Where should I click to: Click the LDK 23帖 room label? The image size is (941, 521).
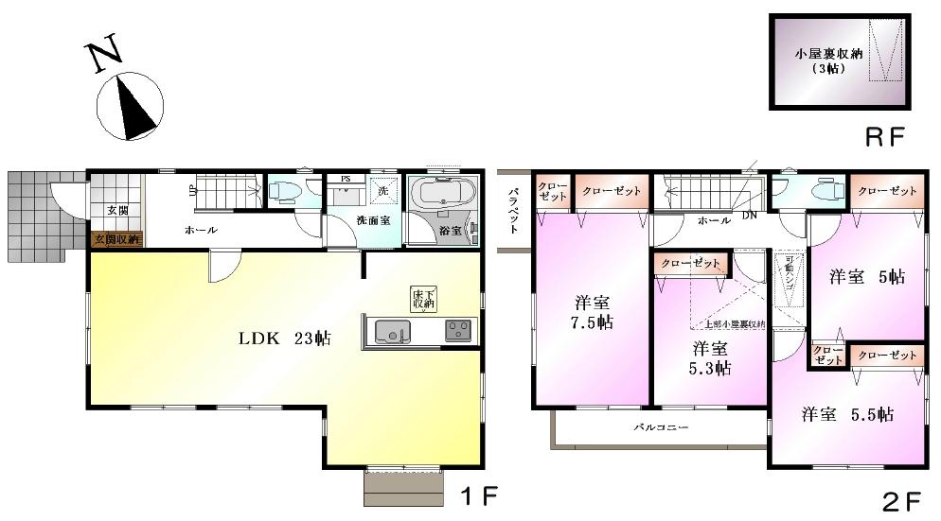pos(283,338)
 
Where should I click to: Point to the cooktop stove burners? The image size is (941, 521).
pos(459,331)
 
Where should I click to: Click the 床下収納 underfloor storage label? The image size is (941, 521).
pos(422,299)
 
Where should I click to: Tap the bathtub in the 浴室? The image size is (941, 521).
pos(444,195)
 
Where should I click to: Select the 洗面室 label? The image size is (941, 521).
pos(349,219)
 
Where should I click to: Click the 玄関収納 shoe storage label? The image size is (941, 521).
pos(115,239)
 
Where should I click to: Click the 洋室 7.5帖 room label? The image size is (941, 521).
pos(593,313)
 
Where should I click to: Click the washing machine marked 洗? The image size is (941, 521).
pos(383,190)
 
